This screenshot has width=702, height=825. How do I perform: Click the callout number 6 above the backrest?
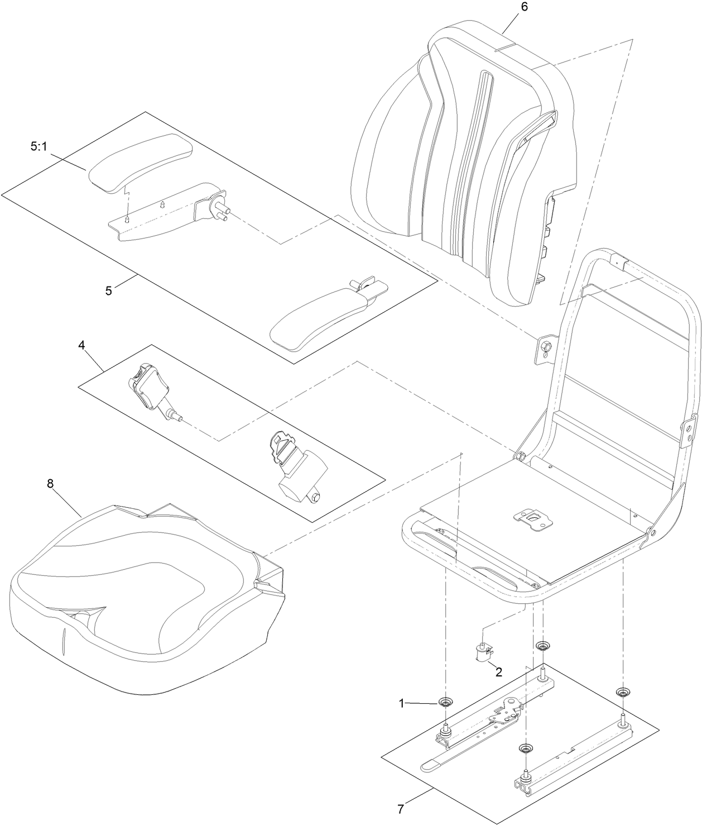pyautogui.click(x=523, y=7)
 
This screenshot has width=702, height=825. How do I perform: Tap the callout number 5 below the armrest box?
pyautogui.click(x=109, y=290)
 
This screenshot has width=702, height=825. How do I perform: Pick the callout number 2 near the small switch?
pyautogui.click(x=499, y=672)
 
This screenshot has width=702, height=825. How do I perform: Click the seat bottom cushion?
pyautogui.click(x=145, y=592)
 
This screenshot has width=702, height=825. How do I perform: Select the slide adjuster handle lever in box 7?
pyautogui.click(x=446, y=763)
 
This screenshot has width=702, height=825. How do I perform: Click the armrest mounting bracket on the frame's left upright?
pyautogui.click(x=545, y=349)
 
